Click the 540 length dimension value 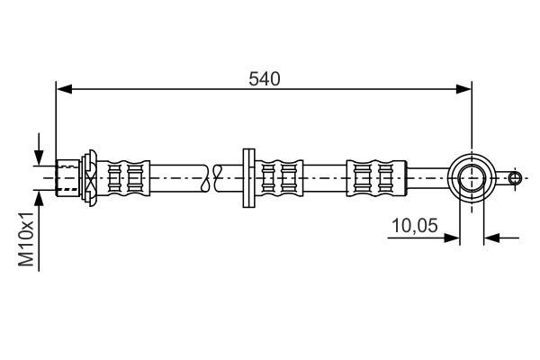[265, 78]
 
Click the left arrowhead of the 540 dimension [64, 88]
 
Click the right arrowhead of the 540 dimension [463, 88]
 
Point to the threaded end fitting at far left [67, 176]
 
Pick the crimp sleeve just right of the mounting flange [279, 176]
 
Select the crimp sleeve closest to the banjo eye [371, 176]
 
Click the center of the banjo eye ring [472, 176]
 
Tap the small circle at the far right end [514, 177]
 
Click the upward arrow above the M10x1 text [39, 197]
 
